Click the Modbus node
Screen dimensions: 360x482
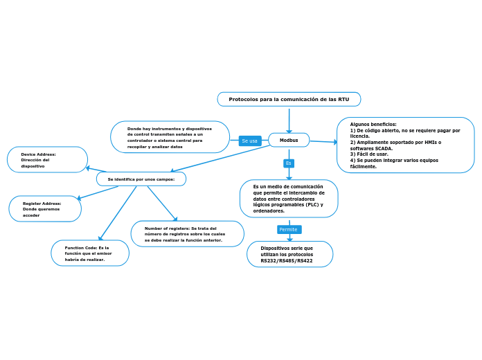[x=289, y=141]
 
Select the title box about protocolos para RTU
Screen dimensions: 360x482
[x=289, y=100]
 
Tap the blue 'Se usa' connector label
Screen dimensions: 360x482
[x=249, y=141]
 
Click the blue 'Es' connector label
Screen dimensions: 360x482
[x=289, y=163]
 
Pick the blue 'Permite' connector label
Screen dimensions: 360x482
[x=289, y=229]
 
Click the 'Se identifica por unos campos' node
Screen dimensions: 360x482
[x=141, y=179]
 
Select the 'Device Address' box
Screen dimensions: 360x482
[x=47, y=160]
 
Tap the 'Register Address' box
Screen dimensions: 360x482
[x=45, y=209]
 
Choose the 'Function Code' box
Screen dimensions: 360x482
[x=90, y=253]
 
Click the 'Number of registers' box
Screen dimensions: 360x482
[x=187, y=234]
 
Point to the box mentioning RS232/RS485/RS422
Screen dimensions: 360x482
[x=289, y=254]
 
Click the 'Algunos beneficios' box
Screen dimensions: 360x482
[x=405, y=145]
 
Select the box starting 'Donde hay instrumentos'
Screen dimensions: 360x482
[x=170, y=137]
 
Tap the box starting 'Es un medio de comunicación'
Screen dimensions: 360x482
[x=289, y=199]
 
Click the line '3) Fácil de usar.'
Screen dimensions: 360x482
[x=369, y=154]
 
